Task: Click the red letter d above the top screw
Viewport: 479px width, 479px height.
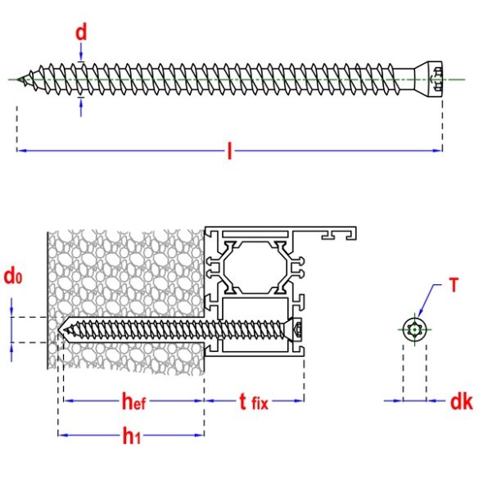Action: [x=81, y=33]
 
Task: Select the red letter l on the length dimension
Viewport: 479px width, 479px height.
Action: [x=230, y=151]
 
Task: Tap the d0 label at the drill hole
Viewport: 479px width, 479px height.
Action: [x=12, y=277]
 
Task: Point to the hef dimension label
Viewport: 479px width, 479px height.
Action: [x=134, y=401]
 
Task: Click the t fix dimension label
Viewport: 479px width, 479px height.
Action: [x=254, y=401]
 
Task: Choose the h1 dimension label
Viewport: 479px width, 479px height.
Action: [x=130, y=436]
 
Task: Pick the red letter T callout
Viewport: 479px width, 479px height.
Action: [x=453, y=287]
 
